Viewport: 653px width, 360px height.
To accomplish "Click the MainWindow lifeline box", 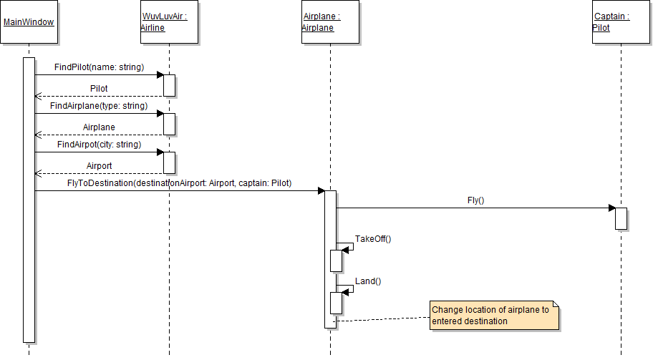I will [x=29, y=22].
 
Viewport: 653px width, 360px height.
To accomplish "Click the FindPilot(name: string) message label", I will [x=99, y=67].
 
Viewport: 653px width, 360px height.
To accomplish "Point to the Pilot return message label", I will [x=99, y=89].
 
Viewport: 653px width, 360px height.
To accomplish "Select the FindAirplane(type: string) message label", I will [x=99, y=106].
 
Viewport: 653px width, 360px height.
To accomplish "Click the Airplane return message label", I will [x=99, y=127].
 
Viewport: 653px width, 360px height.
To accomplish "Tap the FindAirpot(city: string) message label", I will [x=99, y=145].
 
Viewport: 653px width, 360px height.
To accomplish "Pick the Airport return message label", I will [x=99, y=165].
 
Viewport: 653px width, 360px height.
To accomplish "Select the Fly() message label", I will [x=475, y=200].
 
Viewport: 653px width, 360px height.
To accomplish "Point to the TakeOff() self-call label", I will [x=373, y=239].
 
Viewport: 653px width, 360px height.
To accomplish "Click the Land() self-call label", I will [x=368, y=281].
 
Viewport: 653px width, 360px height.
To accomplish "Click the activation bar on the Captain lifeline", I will [x=621, y=218].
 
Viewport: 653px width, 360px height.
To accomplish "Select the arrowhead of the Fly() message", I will [x=611, y=208].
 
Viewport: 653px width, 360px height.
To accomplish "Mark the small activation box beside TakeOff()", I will [x=336, y=261].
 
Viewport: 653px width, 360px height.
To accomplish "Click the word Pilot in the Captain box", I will [x=601, y=28].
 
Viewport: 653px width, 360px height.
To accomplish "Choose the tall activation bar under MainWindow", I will [x=29, y=200].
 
